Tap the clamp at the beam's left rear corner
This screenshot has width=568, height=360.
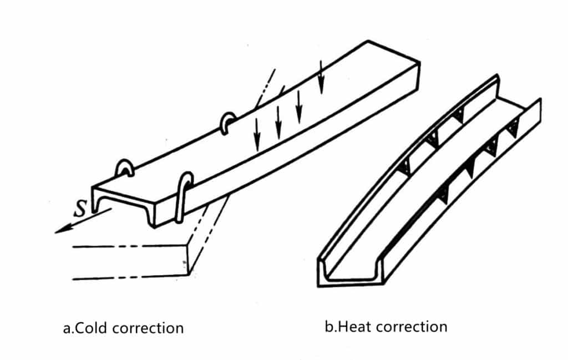pos(125,168)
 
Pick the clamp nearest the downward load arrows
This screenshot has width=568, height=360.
pos(227,123)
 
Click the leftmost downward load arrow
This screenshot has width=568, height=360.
pos(257,134)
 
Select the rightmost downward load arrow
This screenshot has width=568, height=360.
pos(321,77)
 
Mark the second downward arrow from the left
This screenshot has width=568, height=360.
pos(278,123)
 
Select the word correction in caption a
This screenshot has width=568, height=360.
pos(148,328)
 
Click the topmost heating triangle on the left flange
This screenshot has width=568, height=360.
pos(459,115)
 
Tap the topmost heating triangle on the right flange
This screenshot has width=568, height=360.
pos(512,129)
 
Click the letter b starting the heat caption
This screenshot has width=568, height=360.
pos(328,327)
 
